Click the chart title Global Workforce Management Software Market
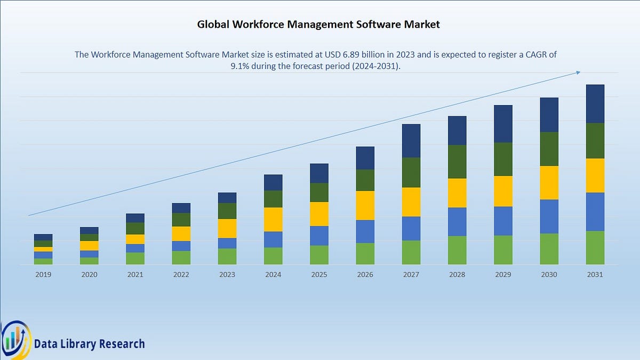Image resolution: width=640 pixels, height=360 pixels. click(x=318, y=24)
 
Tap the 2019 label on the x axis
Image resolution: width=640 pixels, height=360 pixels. click(x=43, y=274)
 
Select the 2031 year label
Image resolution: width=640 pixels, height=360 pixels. click(x=595, y=274)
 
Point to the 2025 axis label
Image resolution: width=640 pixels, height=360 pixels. click(x=319, y=274)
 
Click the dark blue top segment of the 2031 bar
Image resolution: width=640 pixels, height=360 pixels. click(x=595, y=103)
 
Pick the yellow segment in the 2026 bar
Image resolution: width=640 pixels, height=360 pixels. click(x=365, y=205)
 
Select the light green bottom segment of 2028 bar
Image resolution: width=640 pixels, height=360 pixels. click(x=457, y=250)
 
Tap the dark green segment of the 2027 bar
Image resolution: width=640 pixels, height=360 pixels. click(x=411, y=172)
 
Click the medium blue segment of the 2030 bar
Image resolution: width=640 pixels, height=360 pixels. click(x=549, y=217)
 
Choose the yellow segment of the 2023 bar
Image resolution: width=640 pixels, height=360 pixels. click(x=227, y=228)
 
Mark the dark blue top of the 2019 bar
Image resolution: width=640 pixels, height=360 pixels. click(x=43, y=237)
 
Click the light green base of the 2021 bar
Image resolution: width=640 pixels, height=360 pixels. click(x=135, y=258)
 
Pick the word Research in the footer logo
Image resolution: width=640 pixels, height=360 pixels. click(x=121, y=344)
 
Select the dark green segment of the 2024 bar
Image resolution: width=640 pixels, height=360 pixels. click(x=273, y=199)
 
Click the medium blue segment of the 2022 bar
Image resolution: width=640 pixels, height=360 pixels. click(x=181, y=246)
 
